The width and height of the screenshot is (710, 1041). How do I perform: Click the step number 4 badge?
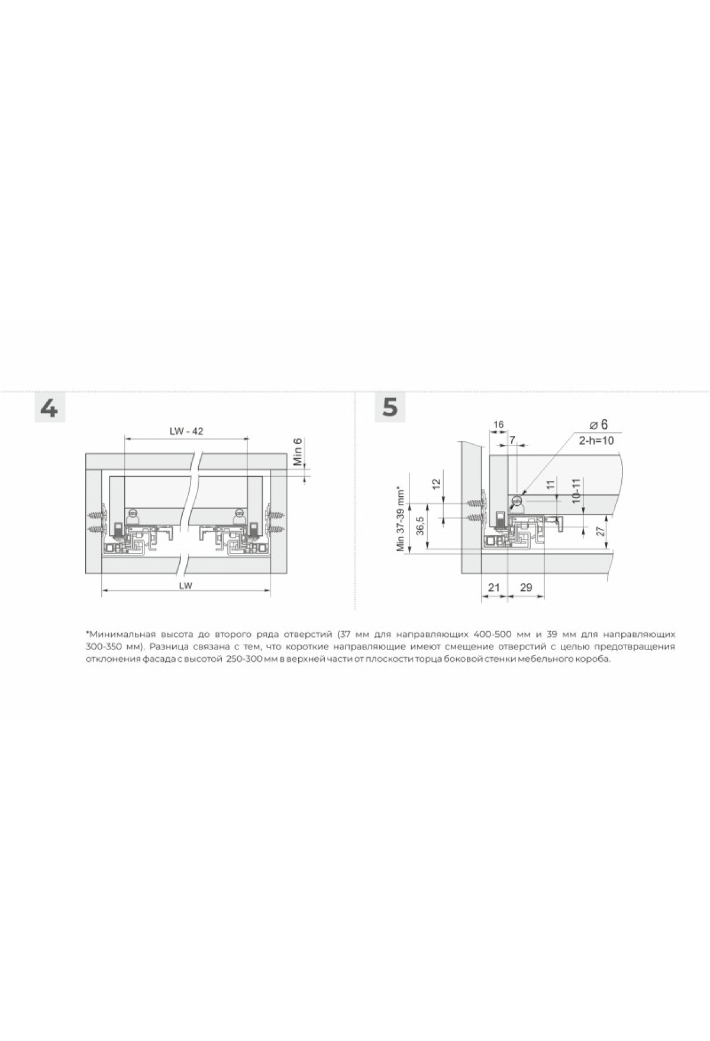(x=49, y=408)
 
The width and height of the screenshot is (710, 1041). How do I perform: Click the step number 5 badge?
(x=390, y=408)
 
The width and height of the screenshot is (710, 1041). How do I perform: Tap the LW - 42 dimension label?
(x=186, y=431)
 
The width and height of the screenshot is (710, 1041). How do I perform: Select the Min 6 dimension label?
(x=298, y=452)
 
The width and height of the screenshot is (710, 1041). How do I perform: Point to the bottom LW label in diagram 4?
(x=185, y=586)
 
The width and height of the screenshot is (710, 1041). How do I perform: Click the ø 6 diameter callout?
(x=598, y=425)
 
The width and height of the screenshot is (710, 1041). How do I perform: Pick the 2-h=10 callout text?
(x=596, y=441)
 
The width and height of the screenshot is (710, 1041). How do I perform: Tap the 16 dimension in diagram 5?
(x=498, y=424)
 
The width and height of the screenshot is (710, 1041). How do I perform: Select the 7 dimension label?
(x=512, y=439)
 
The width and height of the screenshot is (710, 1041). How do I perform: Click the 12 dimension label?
(x=437, y=483)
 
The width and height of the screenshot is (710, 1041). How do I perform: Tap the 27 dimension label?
(x=601, y=531)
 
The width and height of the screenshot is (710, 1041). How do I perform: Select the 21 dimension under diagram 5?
(x=494, y=587)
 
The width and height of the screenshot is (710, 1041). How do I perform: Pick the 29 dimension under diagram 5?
(x=525, y=587)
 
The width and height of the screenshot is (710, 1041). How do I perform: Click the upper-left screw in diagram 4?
(x=97, y=510)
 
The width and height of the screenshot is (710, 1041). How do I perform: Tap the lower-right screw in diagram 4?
(x=275, y=528)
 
